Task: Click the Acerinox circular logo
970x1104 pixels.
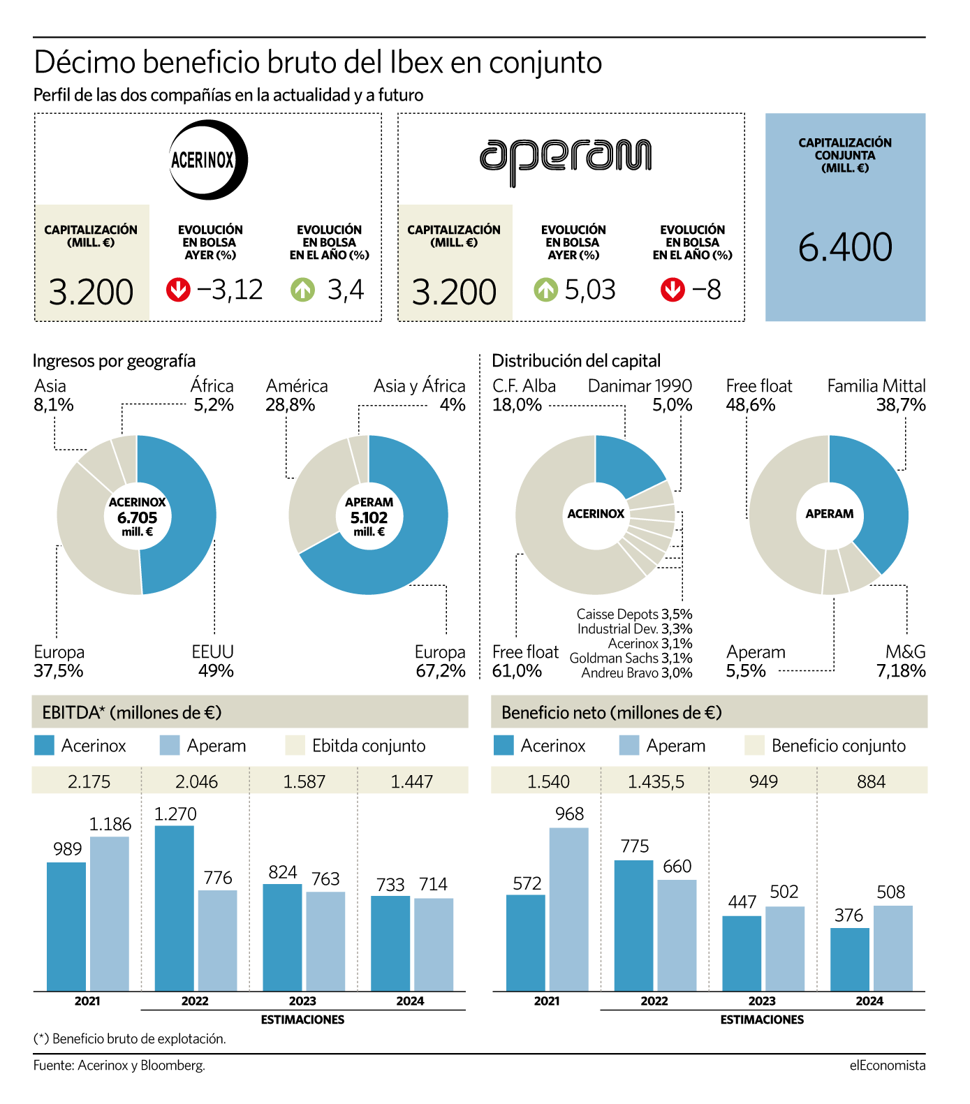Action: coord(208,160)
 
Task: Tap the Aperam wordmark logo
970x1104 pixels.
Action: coord(566,162)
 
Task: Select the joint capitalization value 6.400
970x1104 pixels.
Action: coord(845,247)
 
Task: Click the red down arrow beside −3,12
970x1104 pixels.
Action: coord(178,290)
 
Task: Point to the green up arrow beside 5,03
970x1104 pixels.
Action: coord(545,290)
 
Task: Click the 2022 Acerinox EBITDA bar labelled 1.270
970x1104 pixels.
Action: coord(175,908)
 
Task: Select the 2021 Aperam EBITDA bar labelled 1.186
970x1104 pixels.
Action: coord(110,914)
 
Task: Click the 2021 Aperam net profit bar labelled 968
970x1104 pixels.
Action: coord(569,909)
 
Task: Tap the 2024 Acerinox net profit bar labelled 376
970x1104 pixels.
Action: coord(850,959)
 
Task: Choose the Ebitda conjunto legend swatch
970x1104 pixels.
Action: coord(295,746)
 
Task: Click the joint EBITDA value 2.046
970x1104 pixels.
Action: coord(196,781)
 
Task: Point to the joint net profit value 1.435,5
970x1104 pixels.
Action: coord(656,781)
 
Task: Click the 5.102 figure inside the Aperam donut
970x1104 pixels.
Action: coord(369,517)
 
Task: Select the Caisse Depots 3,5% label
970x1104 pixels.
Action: coord(634,614)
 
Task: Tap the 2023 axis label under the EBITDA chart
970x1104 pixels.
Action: coord(302,1001)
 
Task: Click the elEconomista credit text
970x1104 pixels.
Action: coord(888,1065)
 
